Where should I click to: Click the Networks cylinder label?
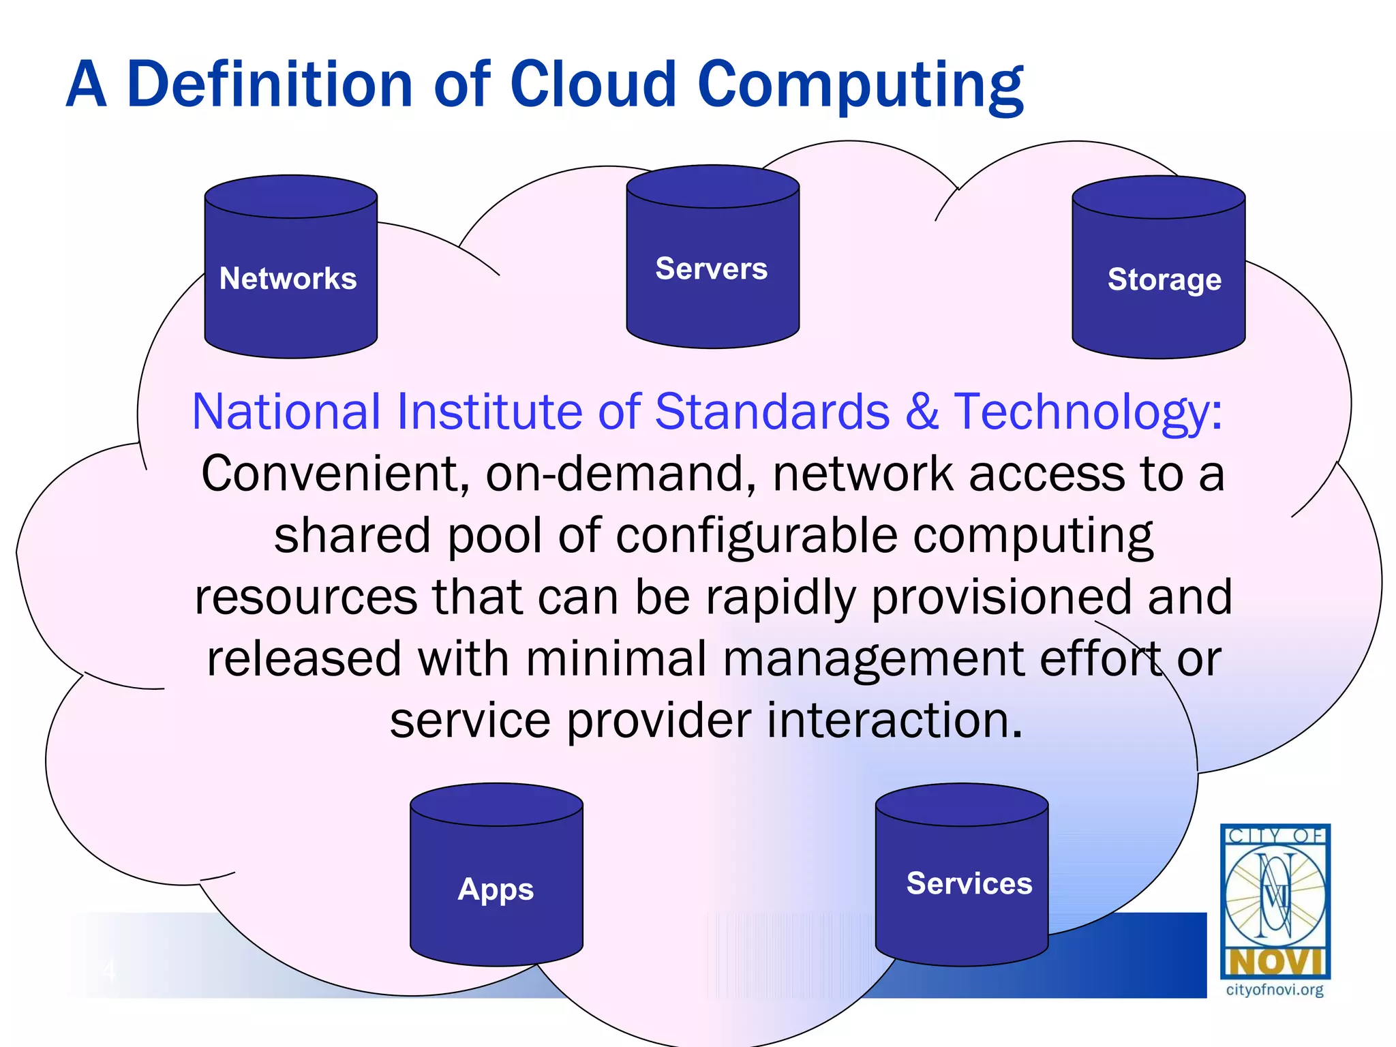pyautogui.click(x=288, y=278)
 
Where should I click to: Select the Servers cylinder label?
pyautogui.click(x=711, y=268)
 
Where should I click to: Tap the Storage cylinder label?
pyautogui.click(x=1164, y=279)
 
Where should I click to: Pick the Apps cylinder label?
pyautogui.click(x=496, y=889)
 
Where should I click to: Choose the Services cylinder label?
pyautogui.click(x=969, y=883)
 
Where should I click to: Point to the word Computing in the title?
pyautogui.click(x=860, y=86)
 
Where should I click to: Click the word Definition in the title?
pyautogui.click(x=270, y=85)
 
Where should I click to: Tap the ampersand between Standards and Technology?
pyautogui.click(x=922, y=412)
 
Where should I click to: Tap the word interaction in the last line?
pyautogui.click(x=894, y=720)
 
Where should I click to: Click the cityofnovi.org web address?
pyautogui.click(x=1274, y=990)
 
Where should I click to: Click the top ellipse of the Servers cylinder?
pyautogui.click(x=712, y=186)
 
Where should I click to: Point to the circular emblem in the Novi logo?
pyautogui.click(x=1275, y=894)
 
